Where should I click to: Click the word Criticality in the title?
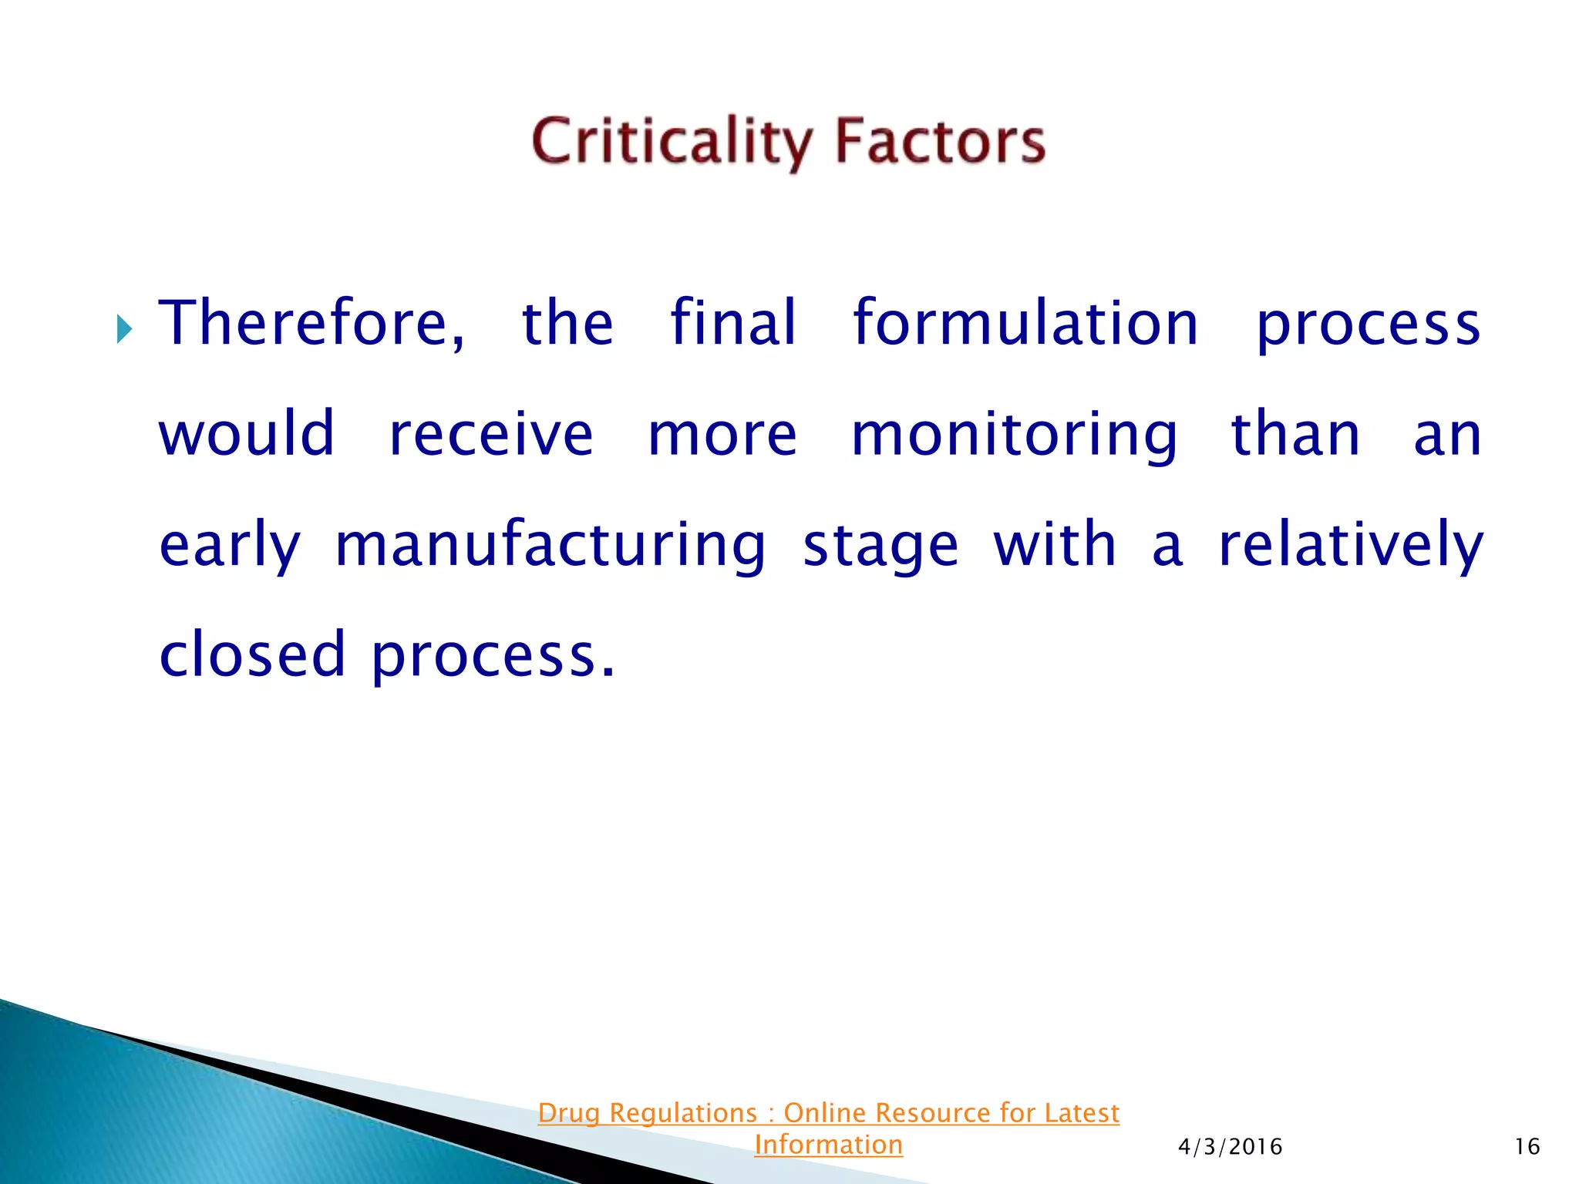coord(671,143)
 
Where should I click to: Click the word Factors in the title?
coord(940,143)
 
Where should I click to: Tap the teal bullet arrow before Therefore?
coord(124,329)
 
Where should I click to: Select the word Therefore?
coord(311,324)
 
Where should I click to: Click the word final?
coord(732,324)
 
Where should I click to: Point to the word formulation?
coord(1025,324)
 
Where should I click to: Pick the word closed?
coord(252,654)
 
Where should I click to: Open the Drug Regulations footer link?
coord(828,1113)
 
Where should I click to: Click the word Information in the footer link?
coord(828,1145)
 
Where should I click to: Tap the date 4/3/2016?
coord(1230,1147)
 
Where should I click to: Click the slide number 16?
coord(1527,1147)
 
